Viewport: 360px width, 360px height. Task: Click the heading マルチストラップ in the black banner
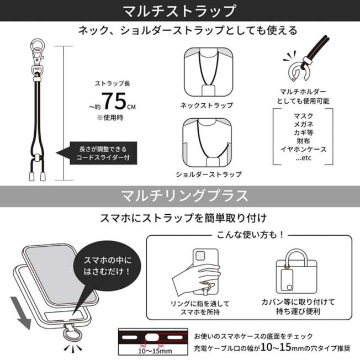click(x=179, y=11)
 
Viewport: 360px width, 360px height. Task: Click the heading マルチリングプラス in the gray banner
click(x=184, y=196)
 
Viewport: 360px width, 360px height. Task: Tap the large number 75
click(x=114, y=101)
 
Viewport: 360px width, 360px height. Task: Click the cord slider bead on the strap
click(x=38, y=159)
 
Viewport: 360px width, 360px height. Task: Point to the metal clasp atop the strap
click(x=37, y=56)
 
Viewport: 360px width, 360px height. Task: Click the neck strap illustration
click(x=209, y=72)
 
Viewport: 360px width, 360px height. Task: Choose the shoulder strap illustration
click(x=207, y=142)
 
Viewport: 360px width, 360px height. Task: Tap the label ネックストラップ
click(x=207, y=105)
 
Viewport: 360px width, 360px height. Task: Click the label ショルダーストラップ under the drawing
click(x=209, y=174)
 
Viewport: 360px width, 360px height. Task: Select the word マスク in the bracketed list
click(x=303, y=115)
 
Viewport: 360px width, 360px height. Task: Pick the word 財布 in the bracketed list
click(x=303, y=140)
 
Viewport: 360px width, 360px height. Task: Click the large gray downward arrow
click(x=20, y=313)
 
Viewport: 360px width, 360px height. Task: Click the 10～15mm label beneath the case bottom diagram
click(x=155, y=351)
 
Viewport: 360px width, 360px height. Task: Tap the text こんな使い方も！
click(x=251, y=235)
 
